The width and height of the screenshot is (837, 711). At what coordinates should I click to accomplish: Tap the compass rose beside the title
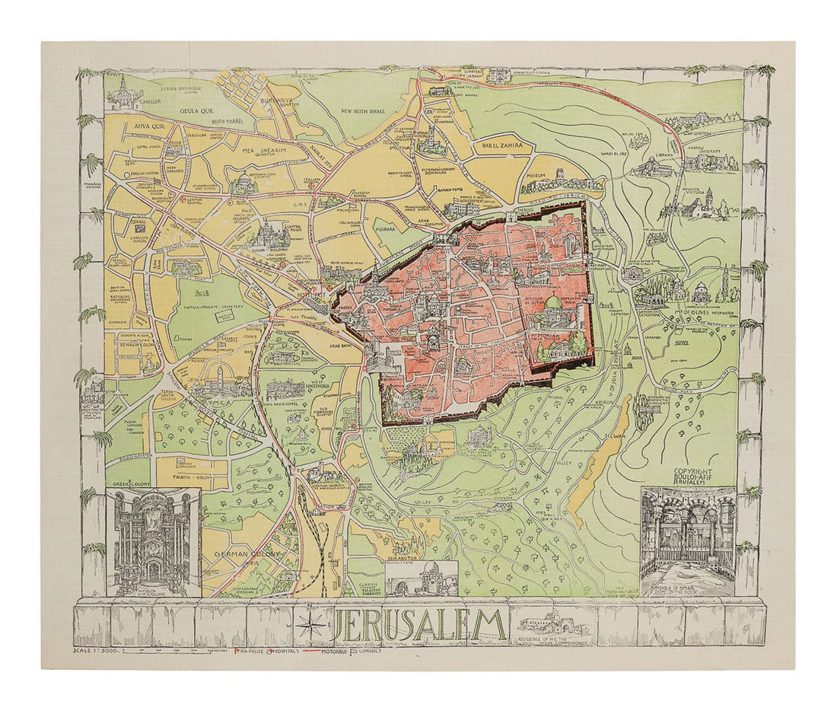(x=310, y=627)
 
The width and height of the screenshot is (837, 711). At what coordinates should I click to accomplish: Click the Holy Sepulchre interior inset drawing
(x=153, y=542)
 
